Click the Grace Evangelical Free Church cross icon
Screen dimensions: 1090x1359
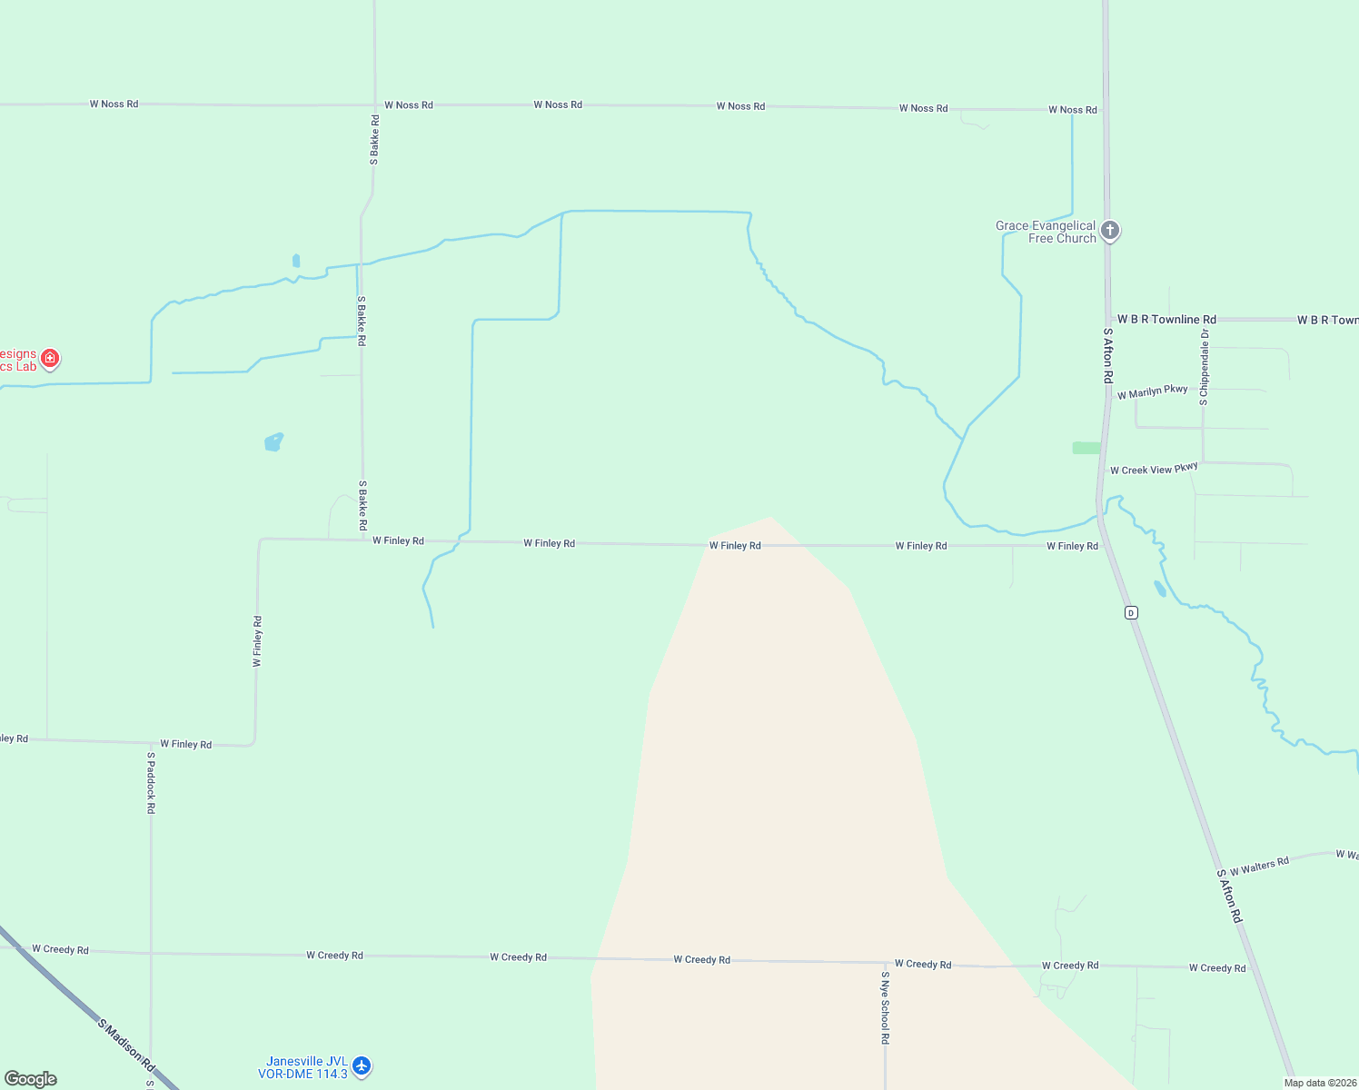[x=1109, y=230]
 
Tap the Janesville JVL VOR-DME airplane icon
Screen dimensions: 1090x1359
[x=362, y=1065]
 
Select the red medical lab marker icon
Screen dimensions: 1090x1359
[x=50, y=359]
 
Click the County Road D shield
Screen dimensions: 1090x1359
[x=1131, y=613]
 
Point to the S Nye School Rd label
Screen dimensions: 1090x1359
[x=885, y=1007]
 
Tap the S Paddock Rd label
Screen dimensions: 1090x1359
[x=152, y=782]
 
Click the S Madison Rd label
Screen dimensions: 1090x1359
[x=125, y=1045]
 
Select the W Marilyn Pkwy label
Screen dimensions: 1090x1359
[x=1152, y=391]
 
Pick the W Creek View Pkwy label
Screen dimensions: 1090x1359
[x=1154, y=469]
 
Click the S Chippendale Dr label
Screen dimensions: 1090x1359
[x=1205, y=368]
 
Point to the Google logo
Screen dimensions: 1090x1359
[x=31, y=1078]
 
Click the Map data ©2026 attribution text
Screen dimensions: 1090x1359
[x=1320, y=1083]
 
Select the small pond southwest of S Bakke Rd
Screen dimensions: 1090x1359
[x=273, y=442]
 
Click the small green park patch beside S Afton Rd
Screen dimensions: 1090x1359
[x=1086, y=448]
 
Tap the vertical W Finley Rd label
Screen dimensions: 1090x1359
[x=258, y=641]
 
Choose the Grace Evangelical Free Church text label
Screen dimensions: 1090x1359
[x=1046, y=232]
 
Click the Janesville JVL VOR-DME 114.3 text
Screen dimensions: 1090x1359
[x=303, y=1067]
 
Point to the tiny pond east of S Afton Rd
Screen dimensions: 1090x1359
[x=1160, y=589]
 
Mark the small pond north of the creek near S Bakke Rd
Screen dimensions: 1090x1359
[x=296, y=261]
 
